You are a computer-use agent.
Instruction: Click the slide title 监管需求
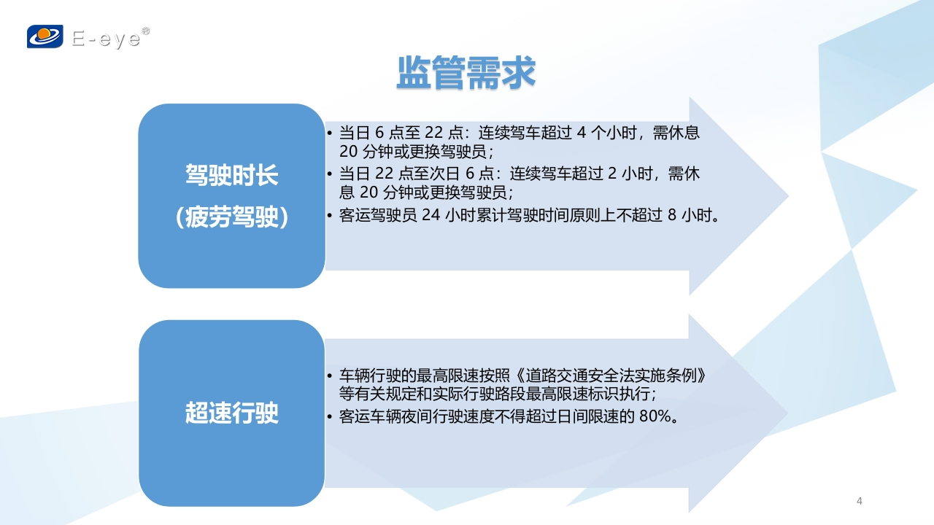coord(466,73)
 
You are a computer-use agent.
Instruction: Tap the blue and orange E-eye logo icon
coord(45,36)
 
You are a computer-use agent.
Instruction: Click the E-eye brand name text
coord(107,39)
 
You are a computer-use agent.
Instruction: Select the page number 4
coord(860,501)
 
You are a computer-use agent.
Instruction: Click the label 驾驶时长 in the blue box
coord(232,175)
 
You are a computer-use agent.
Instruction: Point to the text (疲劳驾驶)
coord(232,217)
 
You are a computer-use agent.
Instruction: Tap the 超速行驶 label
coord(232,413)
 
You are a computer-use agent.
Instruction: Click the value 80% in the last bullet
coord(655,416)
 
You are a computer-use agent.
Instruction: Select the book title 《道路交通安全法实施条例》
coord(609,376)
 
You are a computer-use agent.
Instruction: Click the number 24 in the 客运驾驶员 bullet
coord(431,215)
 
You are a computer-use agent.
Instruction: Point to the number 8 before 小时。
coord(672,215)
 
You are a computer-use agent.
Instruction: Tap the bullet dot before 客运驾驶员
coord(329,215)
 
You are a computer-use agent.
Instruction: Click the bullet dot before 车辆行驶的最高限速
coord(329,376)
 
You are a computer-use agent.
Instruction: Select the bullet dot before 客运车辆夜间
coord(329,416)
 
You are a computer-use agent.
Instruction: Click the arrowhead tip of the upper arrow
coord(788,196)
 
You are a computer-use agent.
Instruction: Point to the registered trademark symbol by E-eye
coord(145,31)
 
